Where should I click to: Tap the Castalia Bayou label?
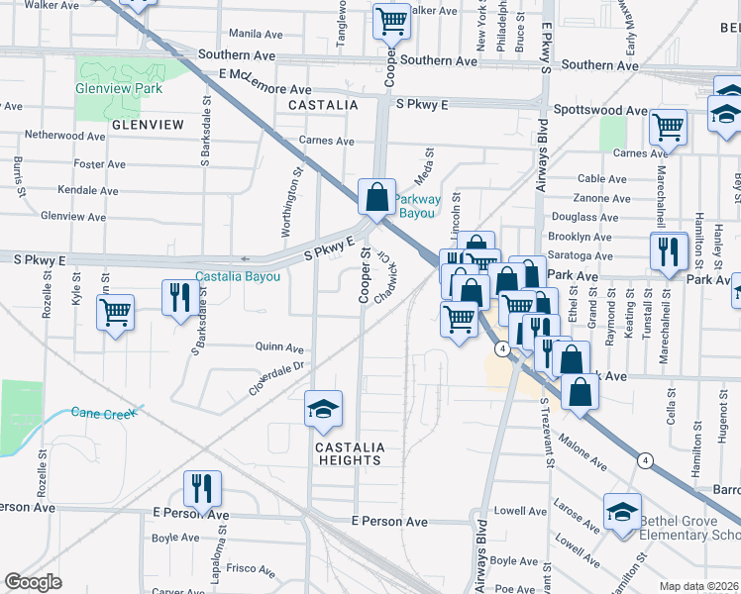click(x=238, y=276)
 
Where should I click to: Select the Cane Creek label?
click(x=103, y=413)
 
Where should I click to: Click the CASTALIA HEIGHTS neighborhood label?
click(x=348, y=453)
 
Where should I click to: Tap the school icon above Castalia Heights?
click(x=322, y=410)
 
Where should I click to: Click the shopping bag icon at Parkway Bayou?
click(x=377, y=196)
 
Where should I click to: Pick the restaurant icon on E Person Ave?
click(x=202, y=488)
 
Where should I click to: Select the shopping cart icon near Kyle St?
click(x=116, y=313)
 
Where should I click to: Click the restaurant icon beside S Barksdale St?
click(x=179, y=297)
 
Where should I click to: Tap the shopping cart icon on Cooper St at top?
click(x=391, y=20)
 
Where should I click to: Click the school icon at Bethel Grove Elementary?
click(x=622, y=512)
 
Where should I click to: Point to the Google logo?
click(x=34, y=583)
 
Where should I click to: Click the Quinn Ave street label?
click(x=279, y=348)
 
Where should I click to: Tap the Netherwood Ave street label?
click(x=65, y=135)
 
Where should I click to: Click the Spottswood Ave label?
click(x=600, y=111)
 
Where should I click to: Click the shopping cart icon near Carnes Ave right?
click(x=669, y=127)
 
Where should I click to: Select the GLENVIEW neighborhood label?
click(x=148, y=125)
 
